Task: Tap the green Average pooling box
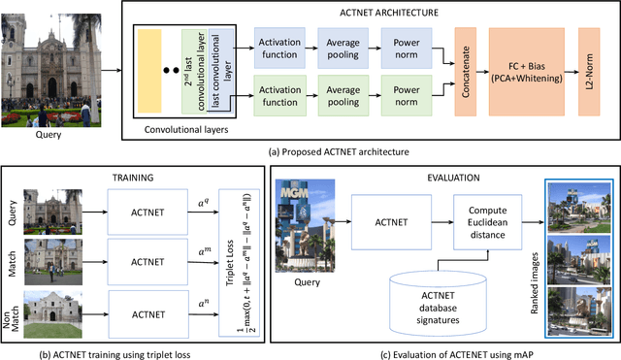point(343,94)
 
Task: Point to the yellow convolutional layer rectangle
point(149,73)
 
